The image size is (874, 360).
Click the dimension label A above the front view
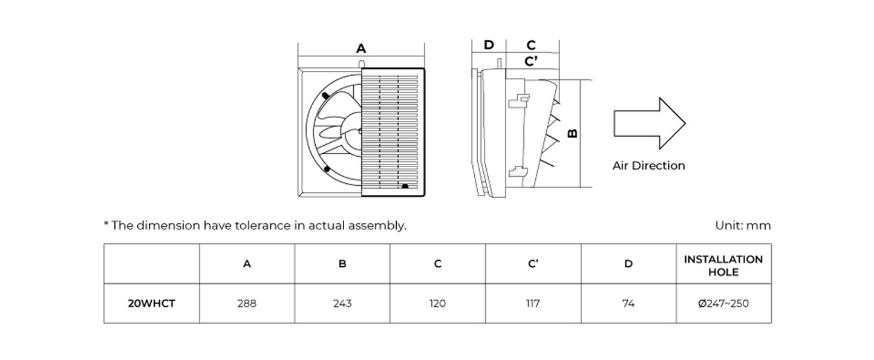click(x=360, y=48)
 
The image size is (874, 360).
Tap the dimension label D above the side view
click(x=489, y=45)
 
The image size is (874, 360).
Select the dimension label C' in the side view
click(x=532, y=61)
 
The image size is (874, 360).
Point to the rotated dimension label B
click(x=573, y=133)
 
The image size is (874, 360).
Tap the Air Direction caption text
click(x=648, y=166)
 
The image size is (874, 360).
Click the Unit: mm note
click(x=743, y=226)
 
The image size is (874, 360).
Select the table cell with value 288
click(x=247, y=304)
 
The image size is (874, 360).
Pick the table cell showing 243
click(x=342, y=304)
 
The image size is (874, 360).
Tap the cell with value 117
click(x=532, y=304)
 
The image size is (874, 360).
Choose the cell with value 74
click(x=628, y=304)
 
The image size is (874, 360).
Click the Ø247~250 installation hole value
click(x=723, y=304)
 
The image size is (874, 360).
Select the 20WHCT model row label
click(x=151, y=304)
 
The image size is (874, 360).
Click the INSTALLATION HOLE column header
click(x=723, y=265)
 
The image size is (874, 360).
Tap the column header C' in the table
click(x=533, y=264)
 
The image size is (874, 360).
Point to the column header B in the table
click(x=342, y=264)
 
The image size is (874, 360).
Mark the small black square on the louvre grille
click(x=405, y=186)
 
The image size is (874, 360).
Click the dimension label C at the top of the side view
click(x=531, y=45)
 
